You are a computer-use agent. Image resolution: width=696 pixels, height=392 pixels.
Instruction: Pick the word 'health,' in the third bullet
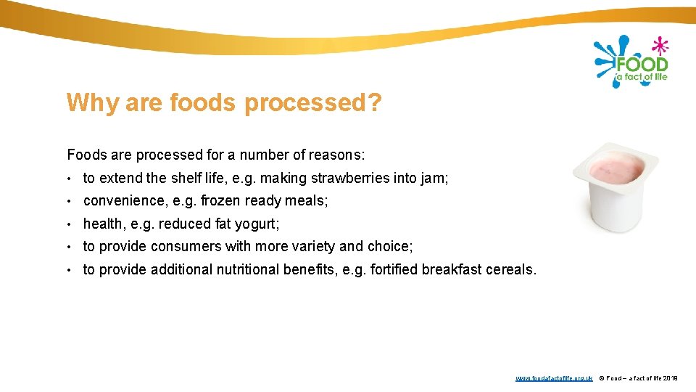[x=104, y=224]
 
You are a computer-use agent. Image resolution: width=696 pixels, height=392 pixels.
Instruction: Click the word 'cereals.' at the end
[x=511, y=270]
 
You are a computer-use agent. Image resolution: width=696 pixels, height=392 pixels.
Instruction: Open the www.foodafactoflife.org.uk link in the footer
[x=554, y=378]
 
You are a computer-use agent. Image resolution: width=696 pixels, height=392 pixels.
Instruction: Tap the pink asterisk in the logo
[x=660, y=45]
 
